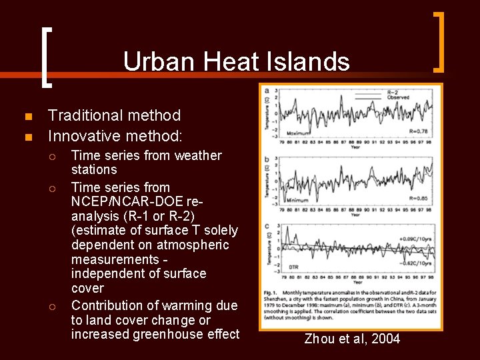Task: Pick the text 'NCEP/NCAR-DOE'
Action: pyautogui.click(x=129, y=201)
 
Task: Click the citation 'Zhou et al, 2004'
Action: pyautogui.click(x=352, y=339)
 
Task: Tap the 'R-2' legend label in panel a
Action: pyautogui.click(x=395, y=92)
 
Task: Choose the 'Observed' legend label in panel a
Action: pyautogui.click(x=399, y=98)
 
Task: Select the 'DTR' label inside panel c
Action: pyautogui.click(x=293, y=267)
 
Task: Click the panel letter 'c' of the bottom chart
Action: pyautogui.click(x=267, y=226)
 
